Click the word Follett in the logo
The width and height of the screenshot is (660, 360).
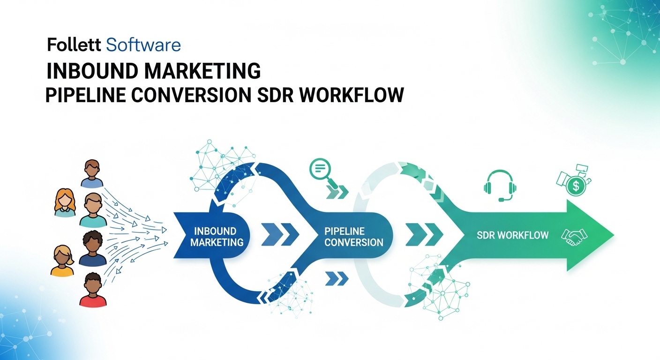[74, 45]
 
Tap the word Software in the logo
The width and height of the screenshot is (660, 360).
[143, 45]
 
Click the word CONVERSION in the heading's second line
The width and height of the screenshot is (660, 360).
[191, 95]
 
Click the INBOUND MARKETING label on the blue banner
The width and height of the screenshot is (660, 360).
[217, 237]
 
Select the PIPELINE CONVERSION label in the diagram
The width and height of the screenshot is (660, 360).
[353, 237]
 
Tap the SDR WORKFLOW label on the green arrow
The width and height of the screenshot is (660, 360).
[513, 235]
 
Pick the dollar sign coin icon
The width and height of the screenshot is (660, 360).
[576, 186]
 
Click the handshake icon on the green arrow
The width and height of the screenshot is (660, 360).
[574, 237]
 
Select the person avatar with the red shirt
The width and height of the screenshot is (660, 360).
[93, 290]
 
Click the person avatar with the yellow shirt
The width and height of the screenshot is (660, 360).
[62, 261]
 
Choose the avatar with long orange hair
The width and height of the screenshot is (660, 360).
[65, 202]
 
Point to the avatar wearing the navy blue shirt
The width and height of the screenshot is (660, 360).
[92, 248]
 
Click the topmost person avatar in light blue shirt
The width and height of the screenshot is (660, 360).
[92, 174]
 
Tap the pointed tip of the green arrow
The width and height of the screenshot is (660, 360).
[614, 235]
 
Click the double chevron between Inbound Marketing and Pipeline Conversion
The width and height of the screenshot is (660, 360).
[280, 234]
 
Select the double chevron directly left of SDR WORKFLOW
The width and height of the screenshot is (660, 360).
[424, 234]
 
